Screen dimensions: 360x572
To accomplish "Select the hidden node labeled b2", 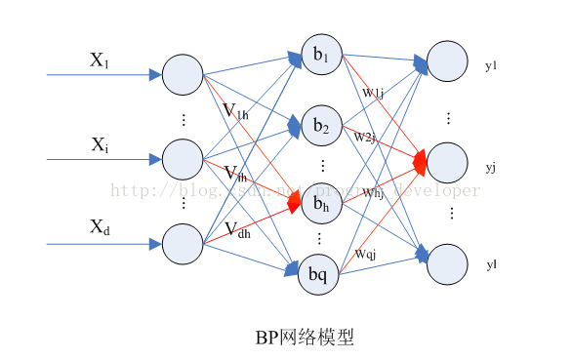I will [321, 127].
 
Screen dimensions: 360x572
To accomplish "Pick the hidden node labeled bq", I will [319, 274].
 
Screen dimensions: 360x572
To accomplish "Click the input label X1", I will [100, 60].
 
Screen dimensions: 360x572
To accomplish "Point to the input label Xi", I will [100, 145].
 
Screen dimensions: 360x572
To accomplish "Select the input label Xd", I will [100, 228].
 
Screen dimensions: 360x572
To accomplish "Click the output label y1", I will [491, 66].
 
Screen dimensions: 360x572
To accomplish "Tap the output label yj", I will [490, 168].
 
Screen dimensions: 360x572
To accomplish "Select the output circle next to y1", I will [448, 62].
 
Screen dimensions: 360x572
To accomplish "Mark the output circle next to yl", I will [448, 263].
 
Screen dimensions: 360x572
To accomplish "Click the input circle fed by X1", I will [182, 75].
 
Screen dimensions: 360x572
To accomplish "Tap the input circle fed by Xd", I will [182, 244].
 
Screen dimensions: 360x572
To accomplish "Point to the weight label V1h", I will [235, 111].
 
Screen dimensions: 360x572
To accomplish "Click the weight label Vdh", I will [237, 230].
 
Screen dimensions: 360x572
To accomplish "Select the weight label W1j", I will [371, 94].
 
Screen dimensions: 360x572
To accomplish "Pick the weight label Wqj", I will [366, 255].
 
